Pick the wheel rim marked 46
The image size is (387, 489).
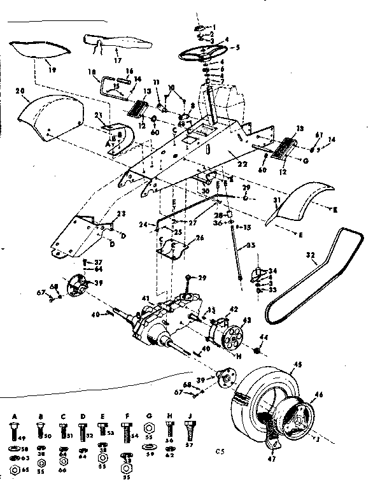(297, 417)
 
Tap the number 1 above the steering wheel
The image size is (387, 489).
(214, 27)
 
